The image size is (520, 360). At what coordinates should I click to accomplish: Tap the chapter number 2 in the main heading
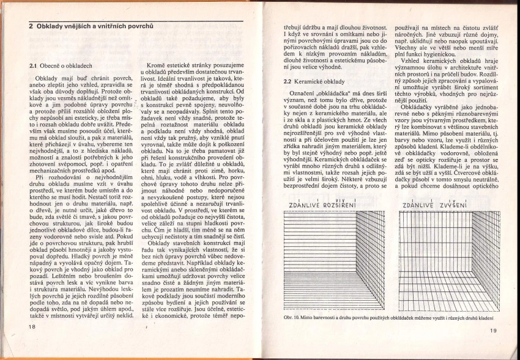(31, 26)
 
